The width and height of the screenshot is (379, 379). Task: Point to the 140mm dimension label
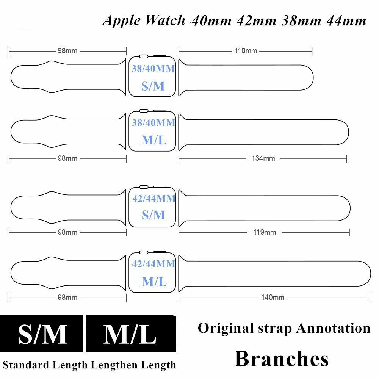coord(273,298)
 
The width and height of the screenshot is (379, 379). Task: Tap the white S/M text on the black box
coord(42,334)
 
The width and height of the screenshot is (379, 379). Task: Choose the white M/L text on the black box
coord(130,334)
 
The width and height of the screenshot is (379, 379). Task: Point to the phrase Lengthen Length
coord(133,365)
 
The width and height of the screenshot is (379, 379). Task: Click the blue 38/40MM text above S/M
coord(153,69)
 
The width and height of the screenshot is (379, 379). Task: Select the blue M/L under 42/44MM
coord(154,281)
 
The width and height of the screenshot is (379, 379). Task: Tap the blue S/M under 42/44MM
coord(153,215)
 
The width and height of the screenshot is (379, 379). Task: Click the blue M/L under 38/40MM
coord(154,140)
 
